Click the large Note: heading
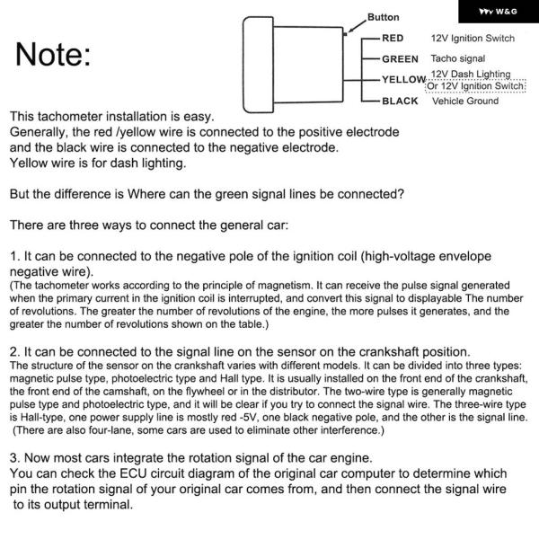(51, 56)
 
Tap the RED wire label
(393, 39)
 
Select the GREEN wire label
(400, 59)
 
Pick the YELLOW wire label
(402, 80)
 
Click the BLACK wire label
(400, 102)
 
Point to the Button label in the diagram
(384, 18)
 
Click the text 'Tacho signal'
(458, 59)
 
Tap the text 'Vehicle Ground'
(465, 102)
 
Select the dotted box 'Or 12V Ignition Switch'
(475, 86)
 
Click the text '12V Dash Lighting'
(471, 75)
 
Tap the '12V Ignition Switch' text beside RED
(473, 38)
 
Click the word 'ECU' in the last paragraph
(143, 473)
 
